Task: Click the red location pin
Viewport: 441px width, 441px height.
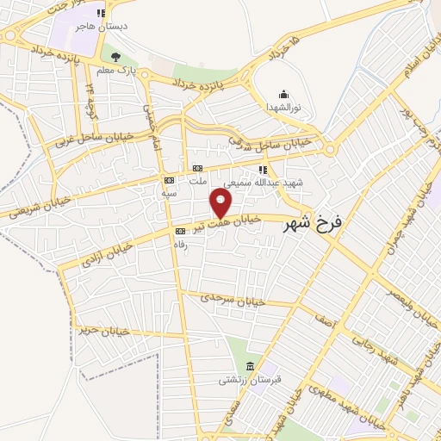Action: (x=221, y=203)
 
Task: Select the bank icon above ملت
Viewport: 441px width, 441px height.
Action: (x=198, y=168)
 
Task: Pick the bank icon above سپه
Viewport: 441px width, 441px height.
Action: (x=169, y=180)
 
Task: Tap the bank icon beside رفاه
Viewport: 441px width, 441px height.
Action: (x=180, y=231)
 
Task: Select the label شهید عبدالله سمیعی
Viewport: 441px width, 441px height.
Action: (x=264, y=183)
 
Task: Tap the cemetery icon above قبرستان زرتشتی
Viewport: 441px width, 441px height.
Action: (x=250, y=367)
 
